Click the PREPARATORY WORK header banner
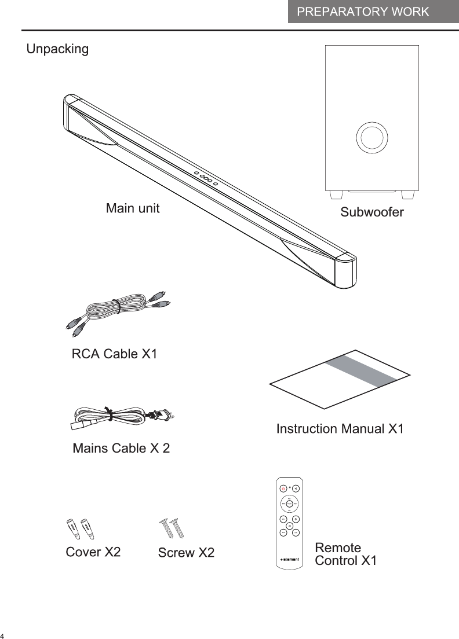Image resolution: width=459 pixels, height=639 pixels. (x=373, y=12)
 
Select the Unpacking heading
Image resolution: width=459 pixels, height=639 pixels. (x=58, y=49)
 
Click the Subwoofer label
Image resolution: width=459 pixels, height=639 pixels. (x=371, y=212)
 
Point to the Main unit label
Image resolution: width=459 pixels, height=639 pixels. (x=132, y=208)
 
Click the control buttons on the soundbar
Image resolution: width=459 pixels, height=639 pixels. (x=206, y=178)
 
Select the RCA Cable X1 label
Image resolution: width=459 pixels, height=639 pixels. (x=114, y=354)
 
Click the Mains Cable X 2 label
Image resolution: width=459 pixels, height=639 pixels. (x=121, y=449)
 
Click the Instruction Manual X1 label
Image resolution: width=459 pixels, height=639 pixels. (x=340, y=429)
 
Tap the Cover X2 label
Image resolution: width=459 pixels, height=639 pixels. (x=93, y=552)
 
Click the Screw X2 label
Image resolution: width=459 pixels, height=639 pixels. (x=186, y=553)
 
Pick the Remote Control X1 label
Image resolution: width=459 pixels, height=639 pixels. (x=345, y=554)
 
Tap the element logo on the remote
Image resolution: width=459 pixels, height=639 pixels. (x=289, y=560)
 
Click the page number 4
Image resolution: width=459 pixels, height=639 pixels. (x=3, y=633)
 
